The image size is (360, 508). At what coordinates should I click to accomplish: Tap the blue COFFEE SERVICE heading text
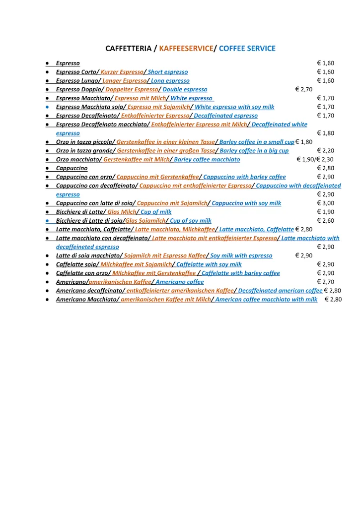[247, 49]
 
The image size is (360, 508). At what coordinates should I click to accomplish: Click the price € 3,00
[326, 203]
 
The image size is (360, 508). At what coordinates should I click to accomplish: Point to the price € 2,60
[326, 221]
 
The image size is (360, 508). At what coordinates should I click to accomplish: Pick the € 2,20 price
[326, 151]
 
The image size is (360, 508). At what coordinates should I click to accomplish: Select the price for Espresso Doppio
[303, 90]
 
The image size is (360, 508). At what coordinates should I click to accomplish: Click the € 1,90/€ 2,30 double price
[315, 160]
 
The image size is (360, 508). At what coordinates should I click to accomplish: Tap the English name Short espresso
[168, 72]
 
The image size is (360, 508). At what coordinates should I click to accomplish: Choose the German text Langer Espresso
[124, 81]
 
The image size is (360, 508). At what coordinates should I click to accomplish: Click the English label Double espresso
[185, 90]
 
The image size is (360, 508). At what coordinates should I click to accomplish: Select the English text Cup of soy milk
[191, 221]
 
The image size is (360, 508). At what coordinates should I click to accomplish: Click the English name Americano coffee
[180, 282]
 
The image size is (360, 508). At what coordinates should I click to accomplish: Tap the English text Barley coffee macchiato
[207, 160]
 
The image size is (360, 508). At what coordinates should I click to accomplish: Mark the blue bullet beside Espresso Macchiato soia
[47, 107]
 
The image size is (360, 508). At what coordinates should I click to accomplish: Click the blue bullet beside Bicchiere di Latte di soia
[47, 221]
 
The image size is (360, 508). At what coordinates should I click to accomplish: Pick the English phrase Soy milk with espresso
[241, 256]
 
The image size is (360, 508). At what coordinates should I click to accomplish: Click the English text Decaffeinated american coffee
[280, 291]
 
